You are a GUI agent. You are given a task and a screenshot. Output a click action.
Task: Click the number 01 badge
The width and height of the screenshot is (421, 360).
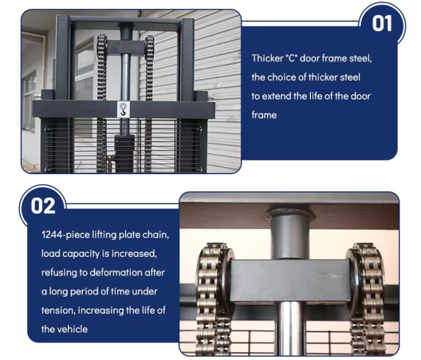(381, 23)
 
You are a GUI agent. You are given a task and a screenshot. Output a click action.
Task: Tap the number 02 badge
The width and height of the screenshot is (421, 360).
(43, 206)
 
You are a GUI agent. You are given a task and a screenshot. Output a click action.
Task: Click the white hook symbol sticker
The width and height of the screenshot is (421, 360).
(123, 109)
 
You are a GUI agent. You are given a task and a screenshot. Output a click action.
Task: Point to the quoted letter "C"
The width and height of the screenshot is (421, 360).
(291, 58)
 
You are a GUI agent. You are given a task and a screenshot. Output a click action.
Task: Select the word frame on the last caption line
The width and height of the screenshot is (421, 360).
(264, 115)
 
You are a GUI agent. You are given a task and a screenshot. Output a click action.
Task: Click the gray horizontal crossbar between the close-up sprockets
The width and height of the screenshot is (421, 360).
(290, 281)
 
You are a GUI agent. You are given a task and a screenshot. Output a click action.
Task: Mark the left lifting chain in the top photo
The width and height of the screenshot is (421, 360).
(102, 104)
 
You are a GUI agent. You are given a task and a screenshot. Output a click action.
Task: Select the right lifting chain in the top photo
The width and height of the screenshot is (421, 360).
(149, 104)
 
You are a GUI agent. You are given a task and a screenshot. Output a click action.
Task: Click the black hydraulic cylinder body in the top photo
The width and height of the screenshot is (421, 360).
(124, 153)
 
